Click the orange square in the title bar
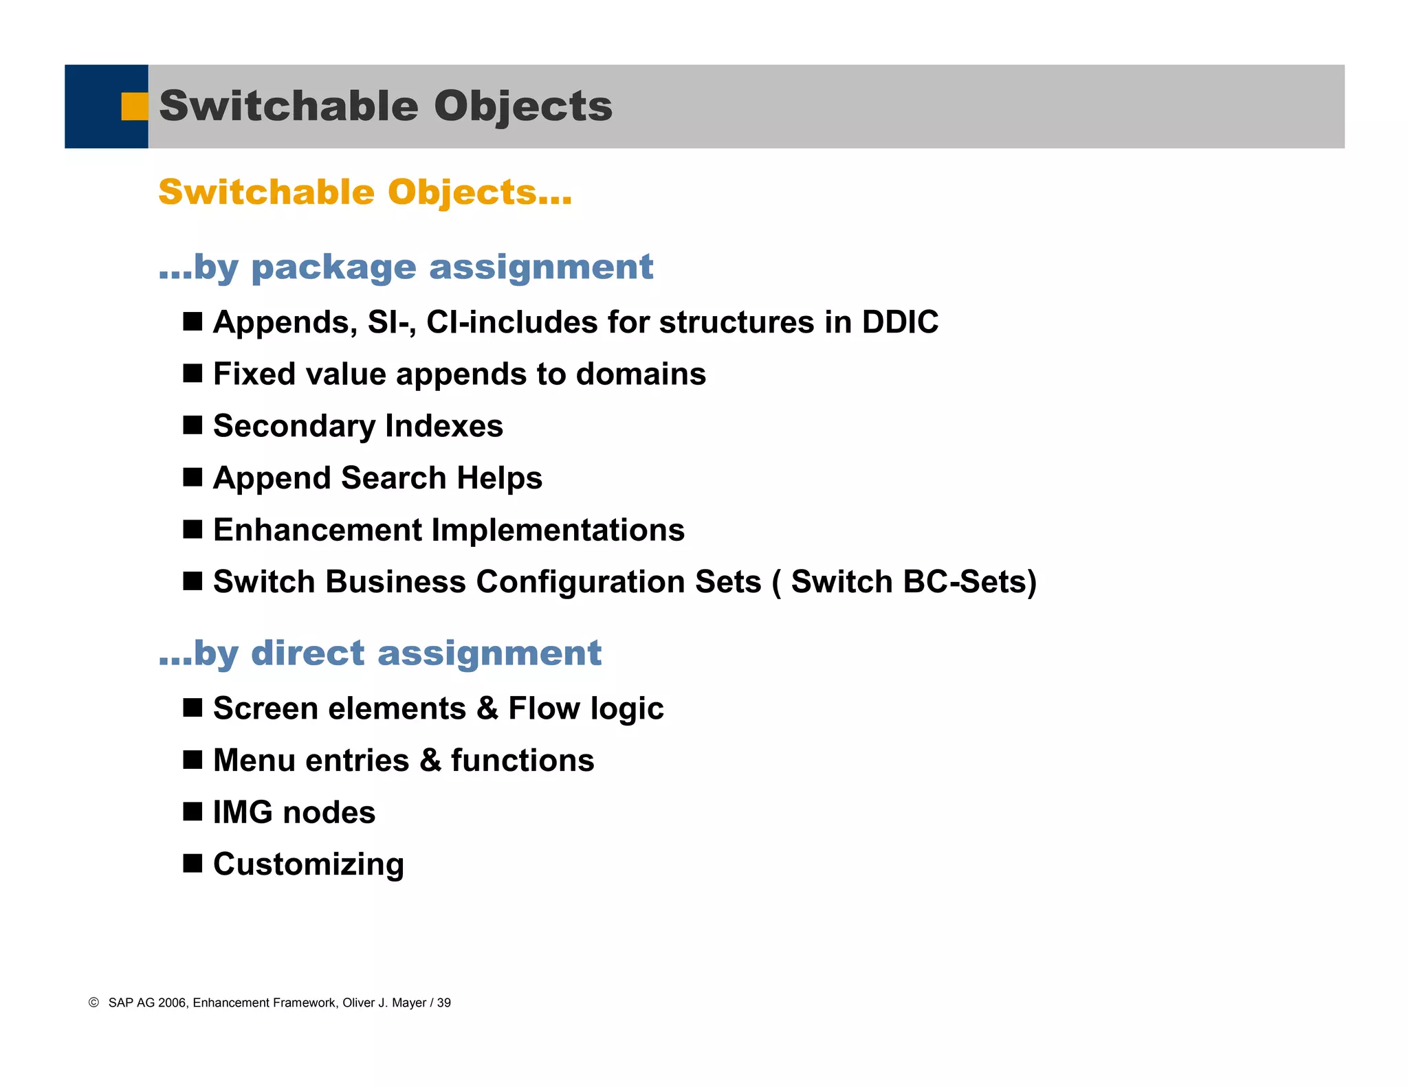pyautogui.click(x=135, y=107)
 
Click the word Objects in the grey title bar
pyautogui.click(x=522, y=107)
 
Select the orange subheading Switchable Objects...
pyautogui.click(x=364, y=192)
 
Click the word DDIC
pyautogui.click(x=900, y=322)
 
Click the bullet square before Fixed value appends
pyautogui.click(x=192, y=374)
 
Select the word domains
pyautogui.click(x=641, y=374)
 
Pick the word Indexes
pyautogui.click(x=444, y=426)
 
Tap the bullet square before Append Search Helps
pyautogui.click(x=192, y=478)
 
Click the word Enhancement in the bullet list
pyautogui.click(x=318, y=530)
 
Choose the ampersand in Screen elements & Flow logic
pyautogui.click(x=487, y=708)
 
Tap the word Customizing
pyautogui.click(x=308, y=865)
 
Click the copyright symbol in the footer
pyautogui.click(x=93, y=1002)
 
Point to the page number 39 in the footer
pyautogui.click(x=444, y=1003)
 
